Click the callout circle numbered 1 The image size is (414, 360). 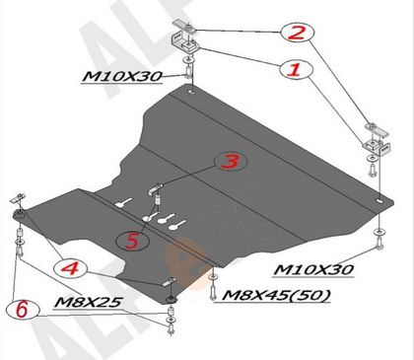tap(297, 70)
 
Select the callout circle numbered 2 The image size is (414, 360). tap(298, 33)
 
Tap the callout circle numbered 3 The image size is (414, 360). tap(231, 162)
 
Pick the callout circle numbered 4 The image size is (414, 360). tap(70, 268)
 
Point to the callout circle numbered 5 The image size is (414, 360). tap(133, 241)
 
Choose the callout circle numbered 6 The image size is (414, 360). tap(23, 310)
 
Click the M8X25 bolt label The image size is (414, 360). tap(89, 302)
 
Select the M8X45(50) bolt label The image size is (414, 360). tap(276, 296)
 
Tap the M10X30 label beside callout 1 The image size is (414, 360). tap(122, 77)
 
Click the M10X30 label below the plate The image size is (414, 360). tap(313, 270)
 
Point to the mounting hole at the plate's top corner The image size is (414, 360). tap(191, 93)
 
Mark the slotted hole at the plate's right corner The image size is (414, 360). tap(379, 201)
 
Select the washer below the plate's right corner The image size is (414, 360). tap(379, 232)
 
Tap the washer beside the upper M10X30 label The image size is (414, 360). tap(188, 60)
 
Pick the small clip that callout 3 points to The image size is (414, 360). tap(157, 188)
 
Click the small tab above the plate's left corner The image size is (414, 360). tap(17, 198)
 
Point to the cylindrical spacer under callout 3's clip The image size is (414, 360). tap(158, 199)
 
